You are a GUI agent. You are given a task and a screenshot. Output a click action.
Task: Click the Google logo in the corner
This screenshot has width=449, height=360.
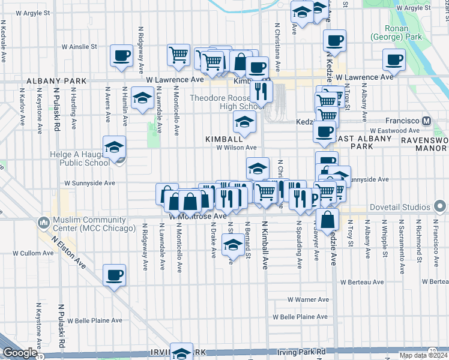click(19, 353)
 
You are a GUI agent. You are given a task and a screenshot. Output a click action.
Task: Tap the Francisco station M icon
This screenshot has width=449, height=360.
click(427, 120)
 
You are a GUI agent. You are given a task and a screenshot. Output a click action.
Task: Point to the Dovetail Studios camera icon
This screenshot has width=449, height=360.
click(439, 207)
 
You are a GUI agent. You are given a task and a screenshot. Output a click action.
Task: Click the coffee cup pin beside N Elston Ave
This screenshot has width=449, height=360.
click(114, 275)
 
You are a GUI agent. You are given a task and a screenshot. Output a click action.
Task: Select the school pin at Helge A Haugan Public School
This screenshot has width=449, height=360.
click(114, 146)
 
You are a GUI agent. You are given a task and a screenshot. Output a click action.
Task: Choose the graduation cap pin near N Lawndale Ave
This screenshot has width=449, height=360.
click(142, 98)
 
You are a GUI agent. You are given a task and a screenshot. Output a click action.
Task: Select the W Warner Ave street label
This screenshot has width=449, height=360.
click(308, 299)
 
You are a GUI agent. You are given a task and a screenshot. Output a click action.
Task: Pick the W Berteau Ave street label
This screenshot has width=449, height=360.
click(361, 281)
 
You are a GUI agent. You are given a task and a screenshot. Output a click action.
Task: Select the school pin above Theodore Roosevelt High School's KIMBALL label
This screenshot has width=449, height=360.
click(244, 123)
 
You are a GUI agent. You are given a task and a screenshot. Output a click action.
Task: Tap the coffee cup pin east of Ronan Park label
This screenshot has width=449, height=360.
click(394, 59)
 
